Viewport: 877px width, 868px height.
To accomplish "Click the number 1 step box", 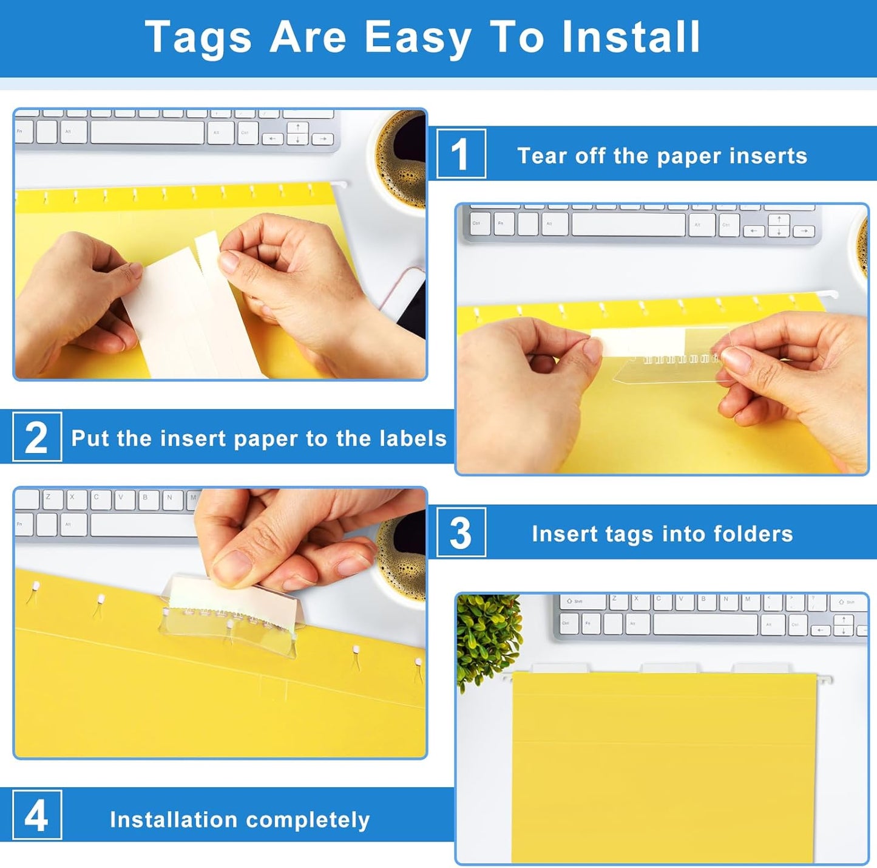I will [461, 154].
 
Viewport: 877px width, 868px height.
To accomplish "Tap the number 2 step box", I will [36, 437].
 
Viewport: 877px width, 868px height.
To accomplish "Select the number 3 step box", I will [461, 533].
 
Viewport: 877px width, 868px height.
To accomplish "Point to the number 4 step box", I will [36, 815].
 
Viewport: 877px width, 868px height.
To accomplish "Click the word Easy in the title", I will [418, 38].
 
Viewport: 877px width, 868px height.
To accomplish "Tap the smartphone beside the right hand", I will [408, 298].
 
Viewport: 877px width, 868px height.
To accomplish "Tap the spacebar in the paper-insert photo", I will [628, 225].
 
